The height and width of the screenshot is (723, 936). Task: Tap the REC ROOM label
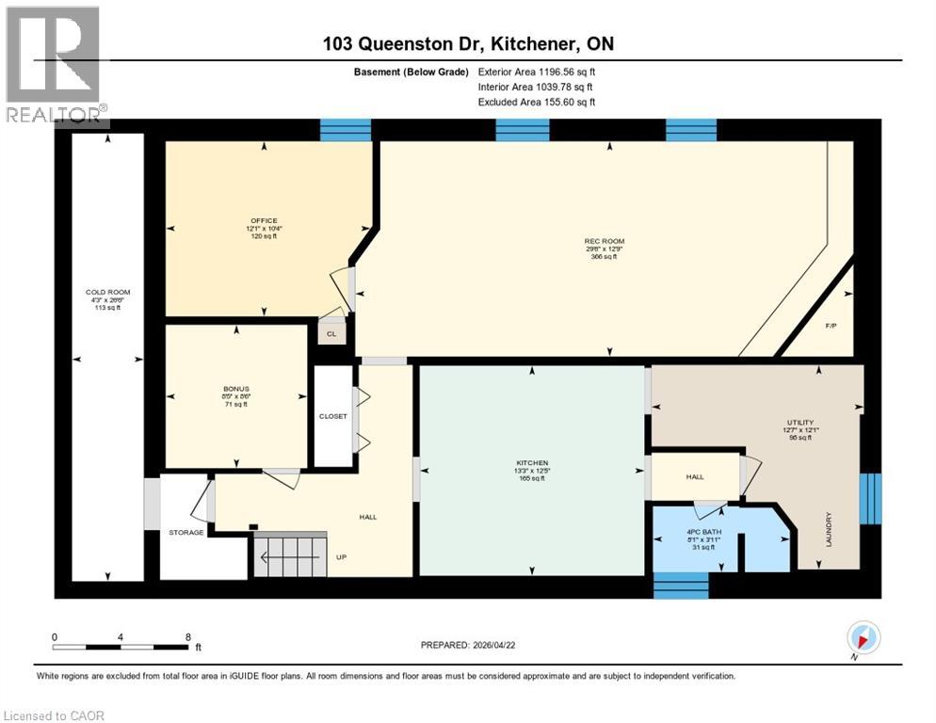(x=604, y=242)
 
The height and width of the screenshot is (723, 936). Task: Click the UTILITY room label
(x=799, y=424)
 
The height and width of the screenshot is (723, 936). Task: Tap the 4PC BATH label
(x=697, y=533)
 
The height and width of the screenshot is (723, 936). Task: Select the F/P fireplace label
(x=831, y=326)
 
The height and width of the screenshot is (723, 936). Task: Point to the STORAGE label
(x=186, y=533)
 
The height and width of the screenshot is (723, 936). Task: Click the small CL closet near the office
(x=331, y=333)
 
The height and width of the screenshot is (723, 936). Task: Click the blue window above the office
(x=346, y=130)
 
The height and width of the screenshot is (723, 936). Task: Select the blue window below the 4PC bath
(x=680, y=586)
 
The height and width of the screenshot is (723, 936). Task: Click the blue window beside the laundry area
(x=872, y=498)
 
